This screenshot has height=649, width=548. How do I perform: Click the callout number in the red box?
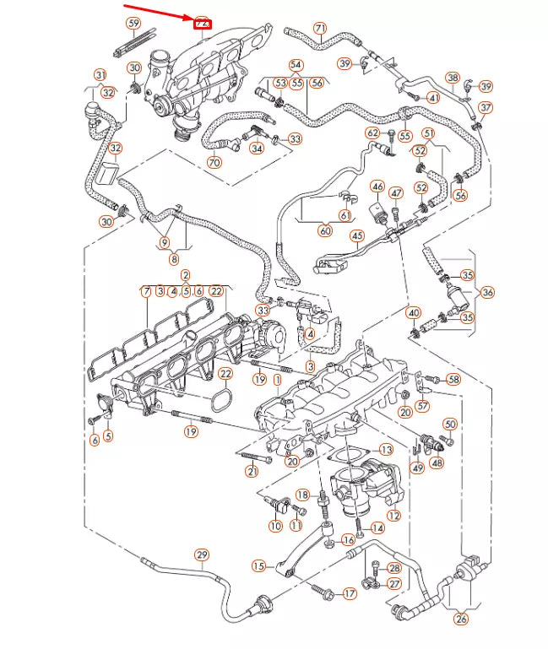tap(203, 24)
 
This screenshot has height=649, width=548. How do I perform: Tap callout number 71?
tap(319, 28)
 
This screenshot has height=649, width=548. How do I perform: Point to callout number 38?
tap(453, 78)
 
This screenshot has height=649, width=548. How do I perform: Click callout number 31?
tap(100, 75)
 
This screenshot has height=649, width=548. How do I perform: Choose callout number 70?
tap(214, 163)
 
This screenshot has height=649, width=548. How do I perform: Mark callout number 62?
tap(372, 133)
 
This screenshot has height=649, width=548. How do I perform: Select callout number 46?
tap(377, 187)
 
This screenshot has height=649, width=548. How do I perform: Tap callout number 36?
tap(489, 292)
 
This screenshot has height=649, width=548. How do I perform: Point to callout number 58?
tap(454, 380)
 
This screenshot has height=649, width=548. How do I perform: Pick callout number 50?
tap(449, 424)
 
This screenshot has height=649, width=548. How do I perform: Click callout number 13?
tap(386, 450)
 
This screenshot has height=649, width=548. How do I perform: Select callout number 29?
tap(202, 554)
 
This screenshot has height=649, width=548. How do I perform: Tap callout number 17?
tap(350, 593)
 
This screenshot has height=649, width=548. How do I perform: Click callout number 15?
tap(258, 565)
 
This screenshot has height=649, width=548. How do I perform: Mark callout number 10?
tap(275, 526)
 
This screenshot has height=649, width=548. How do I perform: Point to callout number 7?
tap(146, 291)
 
